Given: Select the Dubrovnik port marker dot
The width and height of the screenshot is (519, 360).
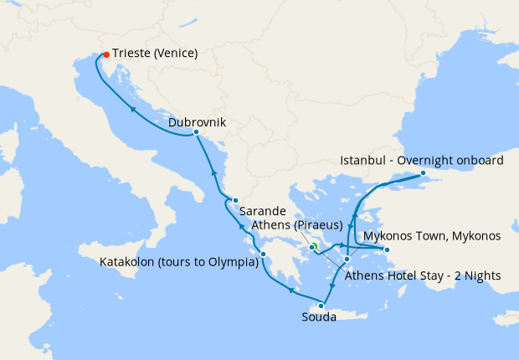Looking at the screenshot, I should point(196,132).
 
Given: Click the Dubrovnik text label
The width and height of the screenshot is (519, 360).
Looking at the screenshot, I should point(197,122).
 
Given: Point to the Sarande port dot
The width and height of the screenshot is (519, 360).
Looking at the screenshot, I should point(236,200).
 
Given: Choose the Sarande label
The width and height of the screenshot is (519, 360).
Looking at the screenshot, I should point(264,211).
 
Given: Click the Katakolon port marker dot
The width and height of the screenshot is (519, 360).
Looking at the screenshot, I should point(263,255).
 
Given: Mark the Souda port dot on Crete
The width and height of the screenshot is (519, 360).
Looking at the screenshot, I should point(321,306).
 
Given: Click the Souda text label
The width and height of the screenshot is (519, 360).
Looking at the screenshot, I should point(320,317).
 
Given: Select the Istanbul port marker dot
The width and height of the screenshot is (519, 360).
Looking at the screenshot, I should point(423,174).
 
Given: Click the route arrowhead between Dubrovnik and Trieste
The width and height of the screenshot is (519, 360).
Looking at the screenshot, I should point(134,108).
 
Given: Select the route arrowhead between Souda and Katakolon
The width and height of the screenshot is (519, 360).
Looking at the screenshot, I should point(290,290).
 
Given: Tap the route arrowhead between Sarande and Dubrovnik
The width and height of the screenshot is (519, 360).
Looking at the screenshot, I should point(213,173).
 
